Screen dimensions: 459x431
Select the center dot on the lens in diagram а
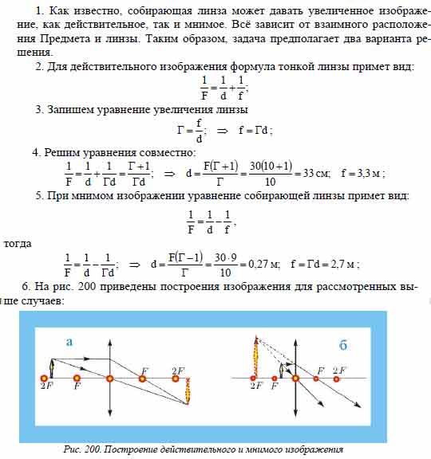click(x=109, y=379)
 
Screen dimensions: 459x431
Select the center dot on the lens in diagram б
click(x=295, y=378)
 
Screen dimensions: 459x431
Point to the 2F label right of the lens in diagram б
click(x=339, y=371)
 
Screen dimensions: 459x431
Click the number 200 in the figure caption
click(x=100, y=450)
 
